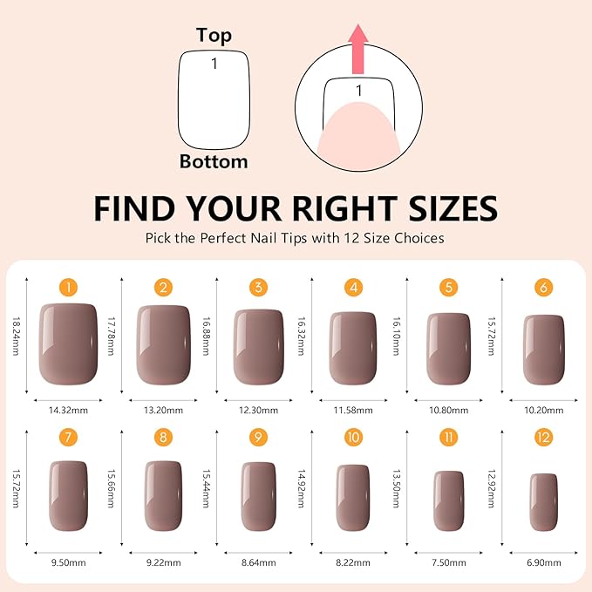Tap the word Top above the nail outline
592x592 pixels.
(x=214, y=35)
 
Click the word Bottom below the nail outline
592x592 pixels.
(x=214, y=161)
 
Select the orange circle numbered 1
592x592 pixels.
(x=69, y=287)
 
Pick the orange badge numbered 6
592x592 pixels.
(x=544, y=287)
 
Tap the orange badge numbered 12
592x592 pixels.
(x=544, y=437)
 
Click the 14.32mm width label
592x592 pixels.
(x=69, y=409)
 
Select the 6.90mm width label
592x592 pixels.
(x=544, y=565)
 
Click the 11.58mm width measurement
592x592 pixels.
(x=353, y=409)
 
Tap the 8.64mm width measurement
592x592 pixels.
(x=258, y=565)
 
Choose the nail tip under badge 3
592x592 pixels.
(x=258, y=346)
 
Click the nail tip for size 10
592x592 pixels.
(x=353, y=497)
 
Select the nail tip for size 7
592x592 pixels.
(x=69, y=495)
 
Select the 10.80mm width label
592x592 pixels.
(x=448, y=409)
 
